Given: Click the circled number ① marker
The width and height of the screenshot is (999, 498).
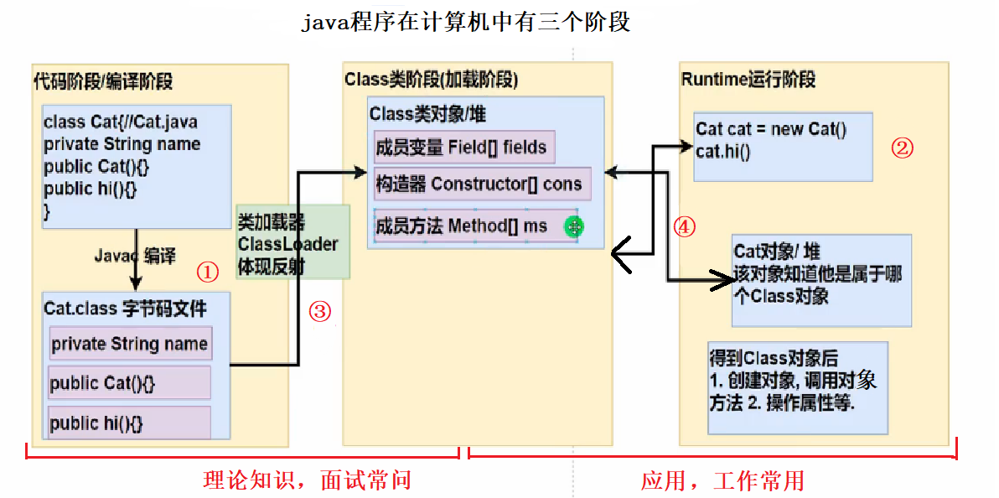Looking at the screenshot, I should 207,272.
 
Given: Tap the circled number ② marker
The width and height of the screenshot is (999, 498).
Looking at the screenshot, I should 902,148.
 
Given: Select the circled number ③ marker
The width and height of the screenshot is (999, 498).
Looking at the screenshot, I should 320,312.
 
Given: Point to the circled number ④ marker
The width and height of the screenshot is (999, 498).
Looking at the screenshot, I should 685,227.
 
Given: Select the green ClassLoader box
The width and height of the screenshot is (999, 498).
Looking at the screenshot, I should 292,243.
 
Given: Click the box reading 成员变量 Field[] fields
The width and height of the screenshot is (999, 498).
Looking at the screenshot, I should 463,148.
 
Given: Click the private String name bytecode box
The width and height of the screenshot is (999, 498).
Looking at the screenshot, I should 129,344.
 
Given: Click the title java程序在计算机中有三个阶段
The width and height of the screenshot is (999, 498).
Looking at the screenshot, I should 465,22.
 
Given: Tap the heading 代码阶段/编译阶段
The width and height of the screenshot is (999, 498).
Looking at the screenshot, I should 103,81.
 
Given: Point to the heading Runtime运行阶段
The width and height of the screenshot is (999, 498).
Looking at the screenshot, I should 748,80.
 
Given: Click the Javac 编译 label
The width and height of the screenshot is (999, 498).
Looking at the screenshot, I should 134,256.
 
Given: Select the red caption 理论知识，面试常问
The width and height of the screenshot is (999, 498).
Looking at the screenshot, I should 308,480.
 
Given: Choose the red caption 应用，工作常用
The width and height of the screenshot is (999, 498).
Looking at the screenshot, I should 722,480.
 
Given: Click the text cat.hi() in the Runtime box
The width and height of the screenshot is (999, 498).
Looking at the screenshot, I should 723,151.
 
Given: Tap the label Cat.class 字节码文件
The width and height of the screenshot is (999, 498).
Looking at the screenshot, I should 125,308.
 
